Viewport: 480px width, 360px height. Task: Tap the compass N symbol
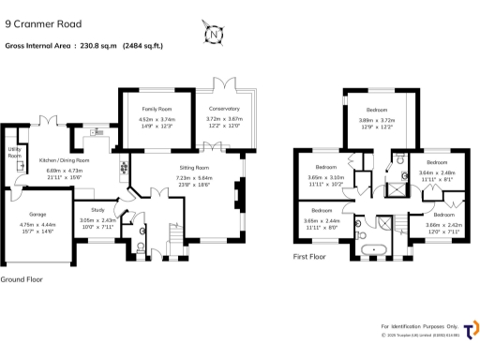(215, 37)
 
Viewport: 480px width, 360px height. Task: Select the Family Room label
(157, 110)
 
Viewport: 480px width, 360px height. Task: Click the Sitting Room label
(194, 167)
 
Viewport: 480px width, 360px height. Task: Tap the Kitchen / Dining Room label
(65, 160)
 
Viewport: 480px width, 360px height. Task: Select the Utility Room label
(15, 152)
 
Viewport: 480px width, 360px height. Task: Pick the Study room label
(97, 210)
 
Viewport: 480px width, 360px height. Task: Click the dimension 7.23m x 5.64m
(194, 178)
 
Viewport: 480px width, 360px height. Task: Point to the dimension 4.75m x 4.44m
(37, 224)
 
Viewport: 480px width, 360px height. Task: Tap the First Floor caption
(311, 256)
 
